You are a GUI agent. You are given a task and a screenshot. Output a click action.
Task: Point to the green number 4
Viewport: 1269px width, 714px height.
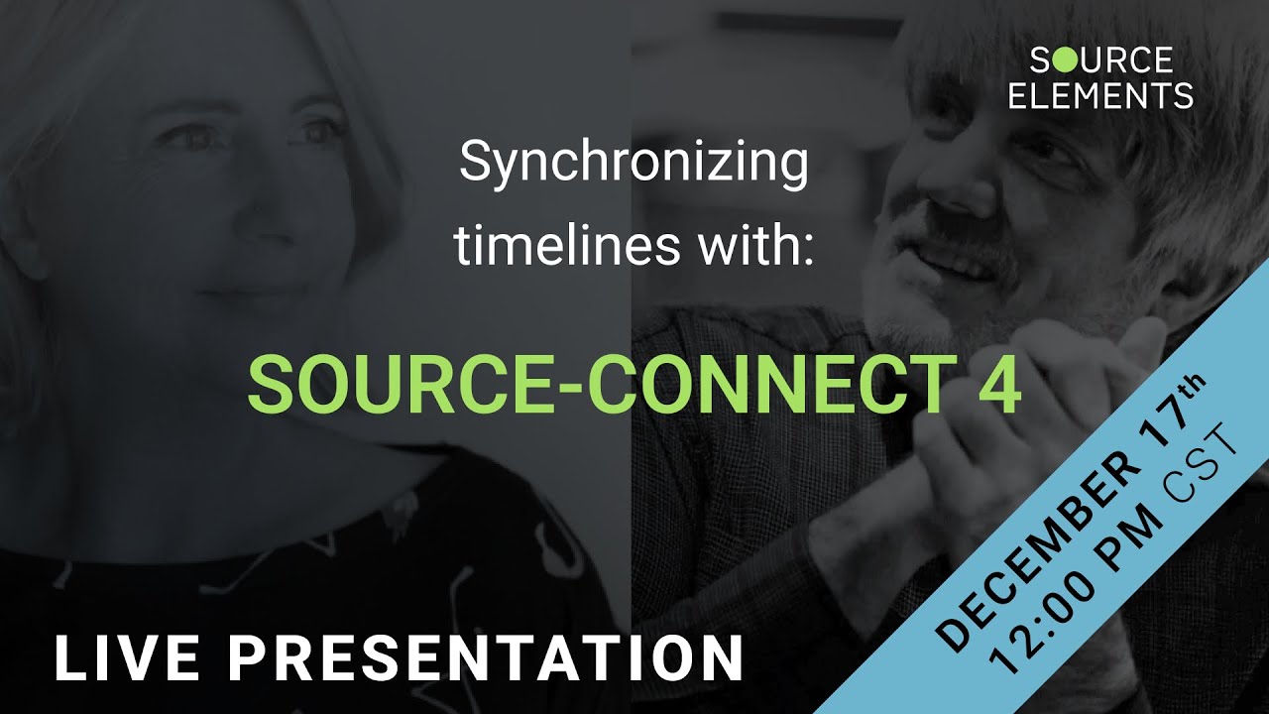[x=1001, y=385]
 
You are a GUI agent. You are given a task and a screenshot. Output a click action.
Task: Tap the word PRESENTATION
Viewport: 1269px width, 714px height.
[x=491, y=658]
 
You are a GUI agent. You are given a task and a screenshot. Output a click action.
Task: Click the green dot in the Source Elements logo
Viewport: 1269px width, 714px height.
[x=1062, y=61]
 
